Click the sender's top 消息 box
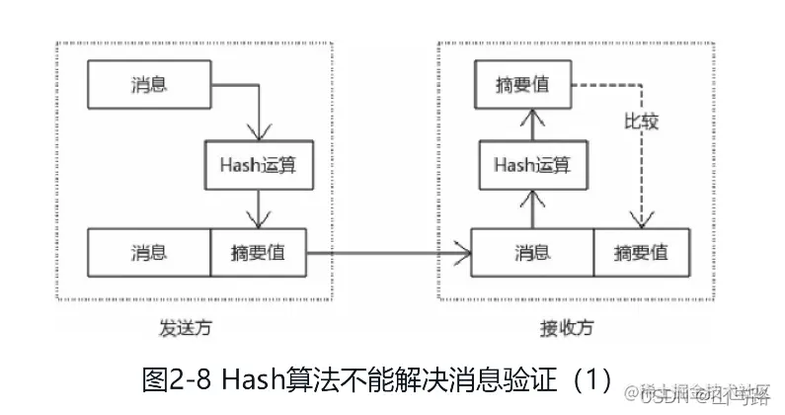[148, 84]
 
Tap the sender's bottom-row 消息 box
[148, 252]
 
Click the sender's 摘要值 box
[259, 252]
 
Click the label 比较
[642, 123]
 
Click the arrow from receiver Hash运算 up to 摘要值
[532, 124]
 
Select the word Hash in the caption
[255, 377]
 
